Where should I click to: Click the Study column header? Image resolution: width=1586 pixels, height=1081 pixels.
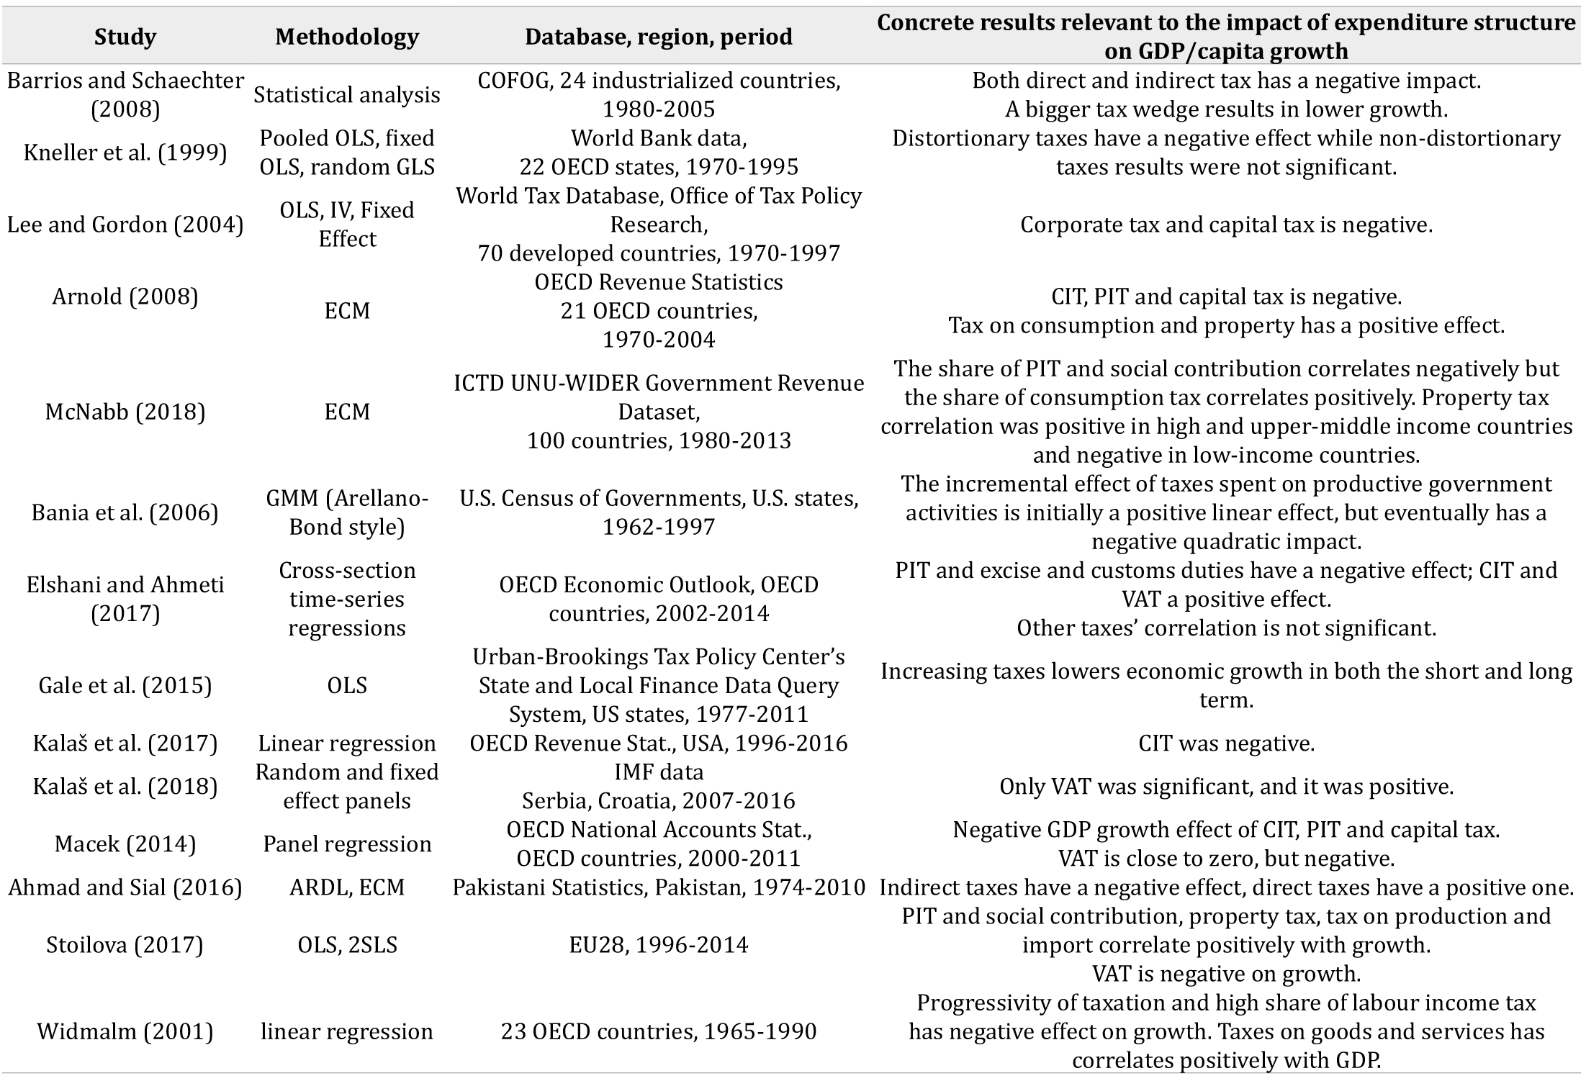pyautogui.click(x=125, y=37)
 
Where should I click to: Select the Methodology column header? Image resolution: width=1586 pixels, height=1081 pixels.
pyautogui.click(x=346, y=37)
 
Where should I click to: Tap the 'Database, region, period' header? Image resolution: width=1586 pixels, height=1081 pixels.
pyautogui.click(x=658, y=37)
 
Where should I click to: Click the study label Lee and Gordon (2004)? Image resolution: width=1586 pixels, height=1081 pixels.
pyautogui.click(x=125, y=225)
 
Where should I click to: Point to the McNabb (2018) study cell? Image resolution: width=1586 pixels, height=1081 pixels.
pyautogui.click(x=125, y=412)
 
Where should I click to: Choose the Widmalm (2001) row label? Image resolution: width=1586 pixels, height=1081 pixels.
pyautogui.click(x=125, y=1031)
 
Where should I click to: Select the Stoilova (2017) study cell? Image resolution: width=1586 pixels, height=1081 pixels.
pyautogui.click(x=125, y=944)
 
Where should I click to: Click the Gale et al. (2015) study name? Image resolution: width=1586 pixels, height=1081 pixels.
pyautogui.click(x=125, y=685)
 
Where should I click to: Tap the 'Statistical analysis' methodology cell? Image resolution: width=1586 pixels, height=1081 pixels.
pyautogui.click(x=346, y=95)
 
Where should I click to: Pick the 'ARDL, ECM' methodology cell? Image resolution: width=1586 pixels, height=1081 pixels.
pyautogui.click(x=346, y=887)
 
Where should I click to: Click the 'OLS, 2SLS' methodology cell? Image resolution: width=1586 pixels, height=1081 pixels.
pyautogui.click(x=346, y=944)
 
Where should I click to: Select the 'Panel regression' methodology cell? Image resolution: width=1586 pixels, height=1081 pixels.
pyautogui.click(x=346, y=843)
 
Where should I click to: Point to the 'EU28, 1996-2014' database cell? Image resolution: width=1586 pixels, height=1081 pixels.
pyautogui.click(x=658, y=944)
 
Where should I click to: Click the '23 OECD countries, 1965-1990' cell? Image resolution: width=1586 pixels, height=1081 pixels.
pyautogui.click(x=658, y=1031)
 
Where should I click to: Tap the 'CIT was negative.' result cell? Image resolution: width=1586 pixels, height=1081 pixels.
pyautogui.click(x=1226, y=743)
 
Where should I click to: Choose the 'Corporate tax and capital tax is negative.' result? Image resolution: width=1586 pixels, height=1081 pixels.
pyautogui.click(x=1226, y=225)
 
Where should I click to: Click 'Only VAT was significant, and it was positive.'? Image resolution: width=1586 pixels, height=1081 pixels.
pyautogui.click(x=1226, y=786)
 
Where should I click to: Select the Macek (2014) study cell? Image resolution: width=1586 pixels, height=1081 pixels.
pyautogui.click(x=125, y=843)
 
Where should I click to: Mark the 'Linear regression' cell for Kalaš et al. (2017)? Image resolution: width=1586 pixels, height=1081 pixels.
pyautogui.click(x=346, y=743)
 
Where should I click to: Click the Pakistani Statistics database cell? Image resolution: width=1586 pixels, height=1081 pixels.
pyautogui.click(x=658, y=887)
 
